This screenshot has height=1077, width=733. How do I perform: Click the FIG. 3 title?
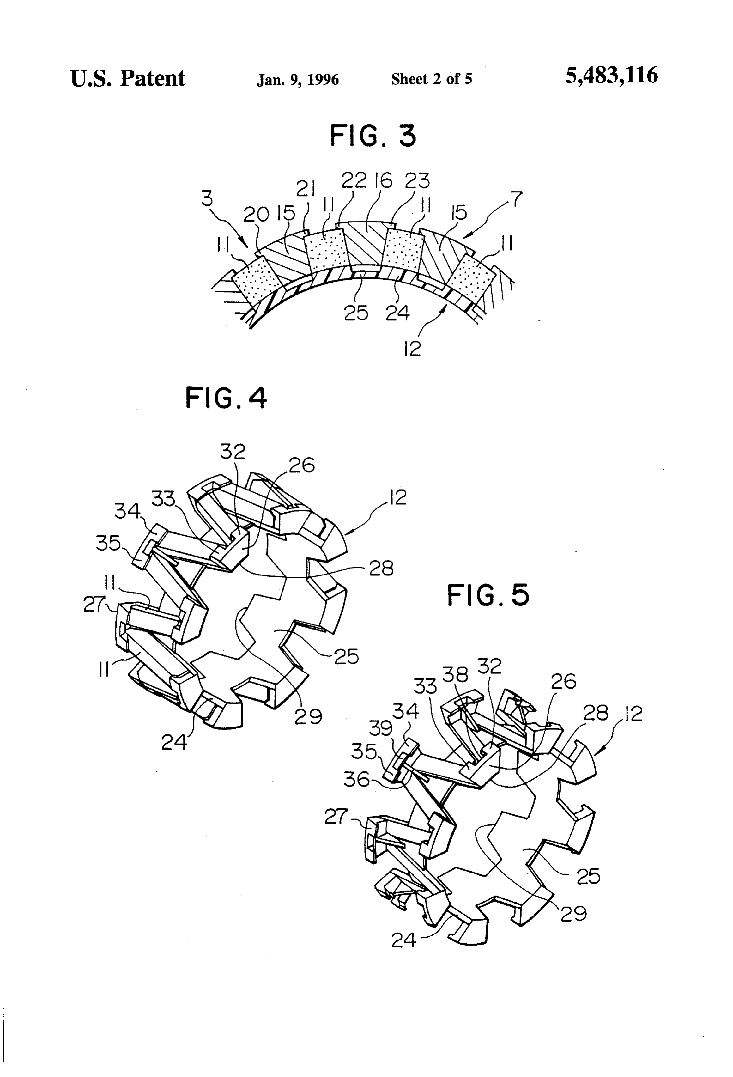373,136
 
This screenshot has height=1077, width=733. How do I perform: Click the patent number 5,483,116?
611,75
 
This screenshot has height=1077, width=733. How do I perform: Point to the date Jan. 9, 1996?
298,80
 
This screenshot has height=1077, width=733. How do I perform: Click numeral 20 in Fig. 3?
256,214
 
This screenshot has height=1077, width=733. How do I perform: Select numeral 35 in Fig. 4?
108,543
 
